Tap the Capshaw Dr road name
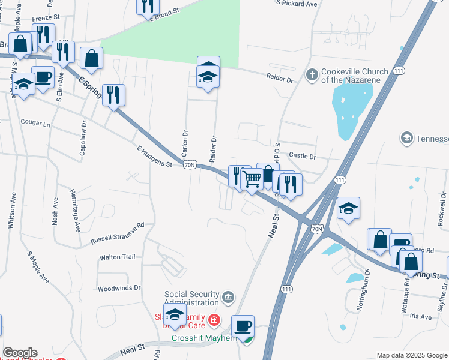click(83, 140)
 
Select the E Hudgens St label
click(154, 156)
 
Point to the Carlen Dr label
click(185, 141)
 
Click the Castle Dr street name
click(302, 156)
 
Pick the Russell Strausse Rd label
click(118, 233)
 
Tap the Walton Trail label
click(118, 257)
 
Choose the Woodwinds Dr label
click(119, 288)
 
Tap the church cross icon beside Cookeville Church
click(312, 74)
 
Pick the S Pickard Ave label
click(297, 4)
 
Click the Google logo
click(19, 353)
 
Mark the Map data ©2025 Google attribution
click(411, 355)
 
